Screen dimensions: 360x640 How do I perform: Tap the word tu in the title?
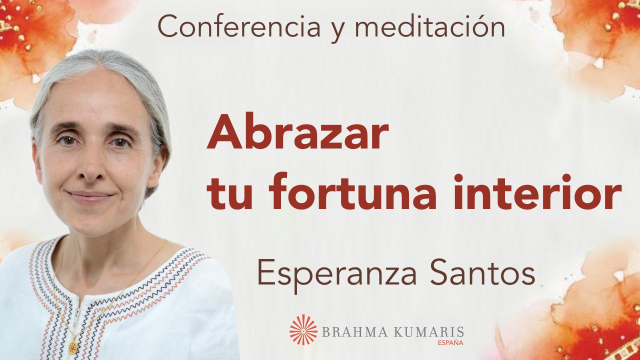tap(229, 193)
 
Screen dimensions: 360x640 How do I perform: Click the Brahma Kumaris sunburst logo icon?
tap(303, 330)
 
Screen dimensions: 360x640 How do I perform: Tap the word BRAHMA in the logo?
tap(349, 332)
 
